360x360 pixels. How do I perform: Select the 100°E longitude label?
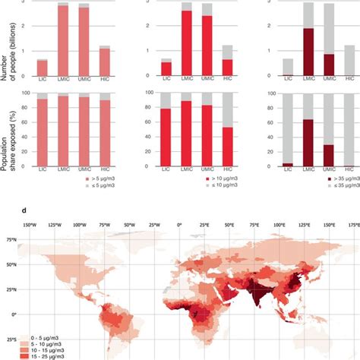click(x=279, y=226)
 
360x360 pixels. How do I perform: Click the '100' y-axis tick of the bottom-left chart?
click(x=27, y=93)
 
